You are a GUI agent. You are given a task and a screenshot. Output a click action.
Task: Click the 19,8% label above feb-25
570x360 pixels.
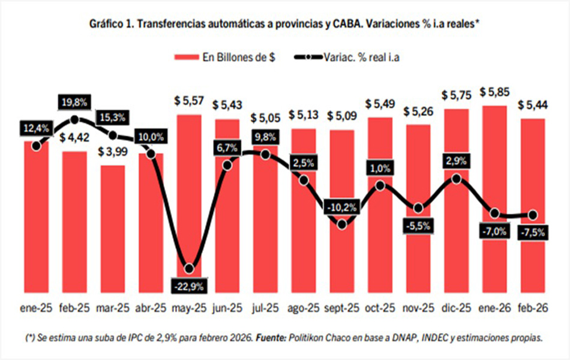74,103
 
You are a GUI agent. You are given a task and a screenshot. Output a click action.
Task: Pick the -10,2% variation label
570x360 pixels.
341,208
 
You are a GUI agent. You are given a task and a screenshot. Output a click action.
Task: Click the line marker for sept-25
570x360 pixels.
341,224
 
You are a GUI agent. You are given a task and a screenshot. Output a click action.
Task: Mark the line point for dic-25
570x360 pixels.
457,178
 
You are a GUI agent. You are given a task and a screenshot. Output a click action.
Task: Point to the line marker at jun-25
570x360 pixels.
227,166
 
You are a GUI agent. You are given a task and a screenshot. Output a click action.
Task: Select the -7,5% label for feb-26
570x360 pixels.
532,232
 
